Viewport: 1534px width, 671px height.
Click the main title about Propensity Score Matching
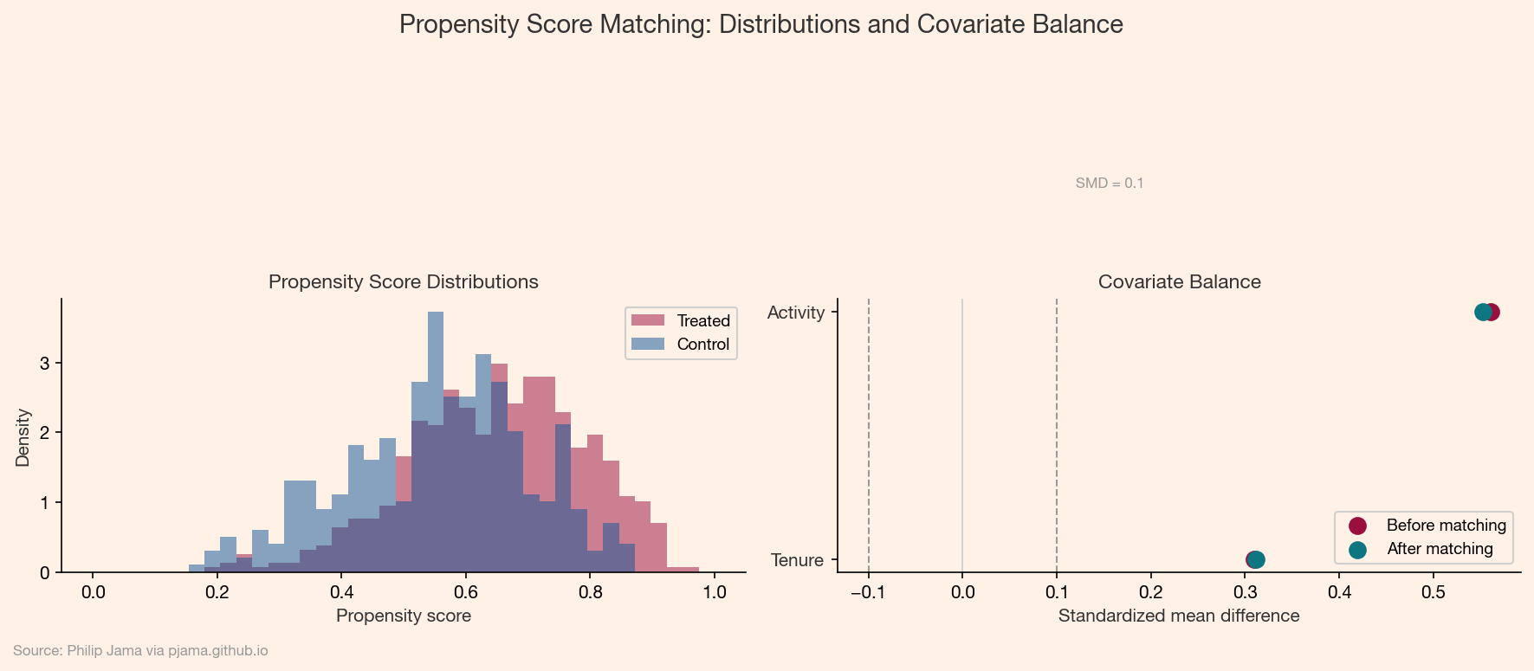click(x=761, y=24)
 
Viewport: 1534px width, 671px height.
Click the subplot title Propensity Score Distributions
click(x=403, y=282)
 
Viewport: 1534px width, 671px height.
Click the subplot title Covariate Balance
click(x=1179, y=282)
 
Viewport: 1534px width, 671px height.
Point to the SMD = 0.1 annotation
click(x=1109, y=184)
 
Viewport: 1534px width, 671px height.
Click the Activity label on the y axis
click(x=795, y=313)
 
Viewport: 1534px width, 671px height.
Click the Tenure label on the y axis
click(x=797, y=560)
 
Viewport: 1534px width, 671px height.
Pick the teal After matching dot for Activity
click(x=1482, y=312)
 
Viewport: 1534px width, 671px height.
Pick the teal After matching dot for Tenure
click(x=1256, y=560)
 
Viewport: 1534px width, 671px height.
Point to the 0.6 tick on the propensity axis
click(x=466, y=593)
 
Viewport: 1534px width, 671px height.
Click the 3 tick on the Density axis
click(x=44, y=363)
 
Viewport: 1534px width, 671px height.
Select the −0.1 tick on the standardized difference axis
click(x=868, y=593)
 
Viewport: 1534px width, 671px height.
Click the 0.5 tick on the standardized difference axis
click(x=1434, y=593)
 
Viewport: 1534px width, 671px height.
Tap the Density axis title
click(x=23, y=437)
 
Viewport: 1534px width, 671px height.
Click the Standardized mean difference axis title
click(x=1178, y=616)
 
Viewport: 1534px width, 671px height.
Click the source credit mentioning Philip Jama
click(x=140, y=651)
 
